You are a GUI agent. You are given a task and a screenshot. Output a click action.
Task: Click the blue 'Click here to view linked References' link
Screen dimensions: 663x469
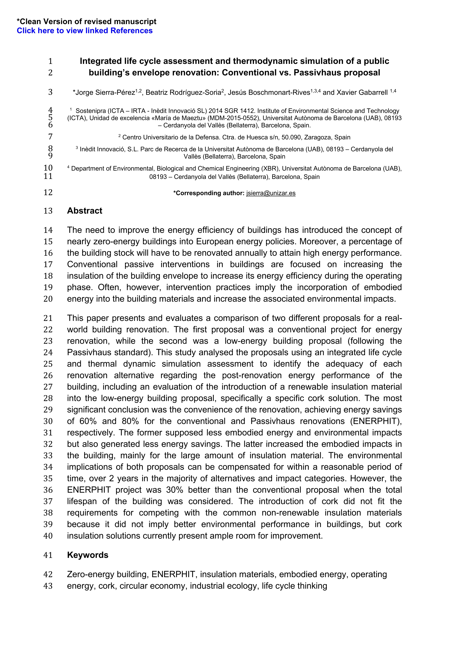coord(85,31)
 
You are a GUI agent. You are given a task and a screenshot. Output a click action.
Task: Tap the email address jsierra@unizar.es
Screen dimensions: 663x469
coord(271,193)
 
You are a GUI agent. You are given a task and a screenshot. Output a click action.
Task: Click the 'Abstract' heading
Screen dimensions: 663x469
coord(85,211)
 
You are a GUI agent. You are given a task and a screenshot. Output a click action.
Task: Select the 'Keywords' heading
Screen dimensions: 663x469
coord(88,555)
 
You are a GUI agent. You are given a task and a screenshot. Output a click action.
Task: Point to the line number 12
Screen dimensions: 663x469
coord(48,193)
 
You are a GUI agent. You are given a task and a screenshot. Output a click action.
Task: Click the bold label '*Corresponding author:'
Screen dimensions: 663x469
coord(209,193)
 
